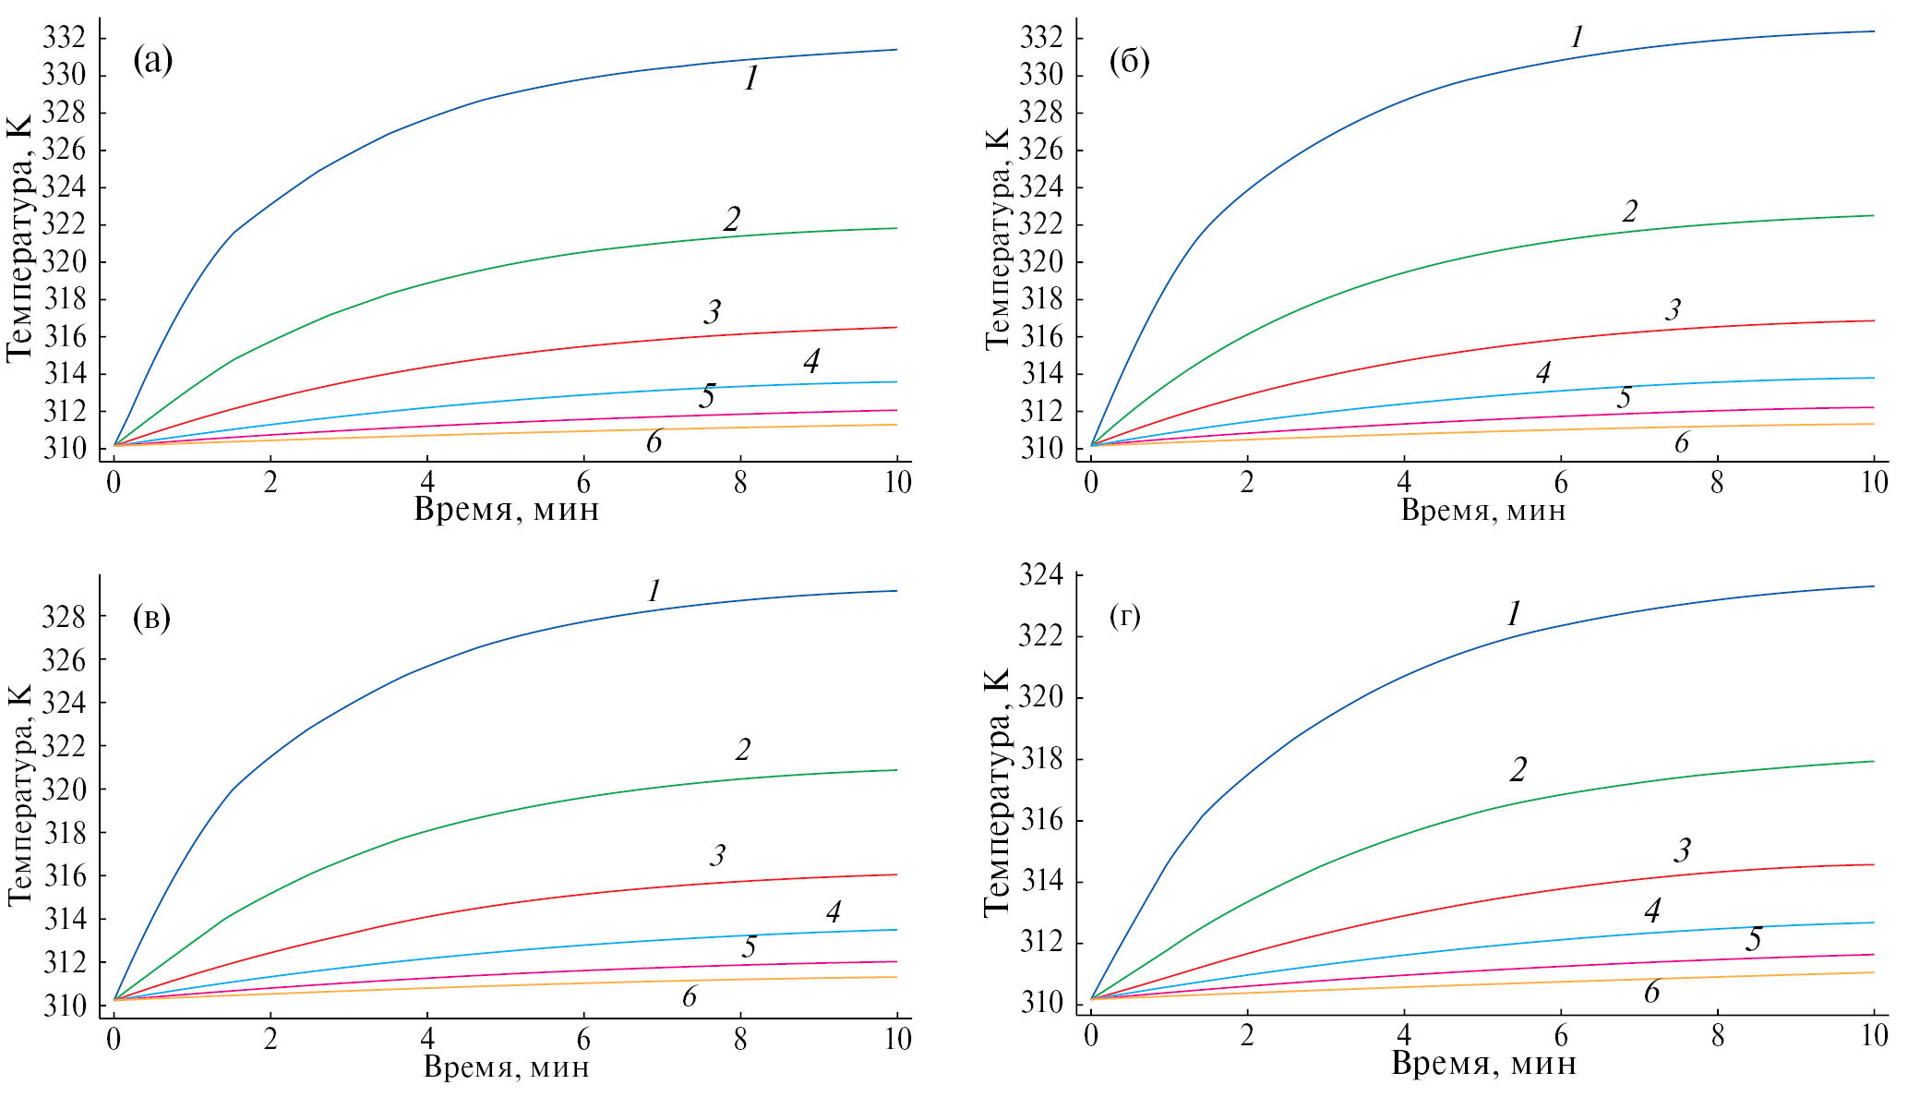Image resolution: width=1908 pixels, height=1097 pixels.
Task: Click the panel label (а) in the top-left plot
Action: click(152, 61)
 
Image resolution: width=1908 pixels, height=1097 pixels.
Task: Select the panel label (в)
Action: click(152, 618)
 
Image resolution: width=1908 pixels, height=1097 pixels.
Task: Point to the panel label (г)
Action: click(1125, 616)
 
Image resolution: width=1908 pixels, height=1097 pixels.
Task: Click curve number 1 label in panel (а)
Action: click(751, 79)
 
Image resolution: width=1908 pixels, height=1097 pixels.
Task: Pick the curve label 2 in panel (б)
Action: click(1630, 211)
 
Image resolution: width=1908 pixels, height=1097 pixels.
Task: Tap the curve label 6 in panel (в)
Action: click(690, 996)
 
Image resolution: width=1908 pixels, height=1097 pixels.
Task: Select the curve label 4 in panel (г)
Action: click(1652, 911)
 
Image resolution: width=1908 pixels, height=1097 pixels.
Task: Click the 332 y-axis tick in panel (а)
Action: click(64, 38)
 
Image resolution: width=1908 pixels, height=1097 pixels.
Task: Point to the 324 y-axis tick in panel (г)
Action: click(1041, 576)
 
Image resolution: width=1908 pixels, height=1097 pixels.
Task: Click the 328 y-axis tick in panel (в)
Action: click(64, 617)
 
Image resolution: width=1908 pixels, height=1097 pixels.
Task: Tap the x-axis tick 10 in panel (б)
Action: click(1874, 483)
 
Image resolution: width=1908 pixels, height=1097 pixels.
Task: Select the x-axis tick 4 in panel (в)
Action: click(426, 1039)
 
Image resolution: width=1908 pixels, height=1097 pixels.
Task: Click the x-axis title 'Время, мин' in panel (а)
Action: click(506, 509)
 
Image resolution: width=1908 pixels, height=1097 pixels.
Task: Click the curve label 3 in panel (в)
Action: click(717, 855)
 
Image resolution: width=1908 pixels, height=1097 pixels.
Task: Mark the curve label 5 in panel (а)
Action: click(707, 396)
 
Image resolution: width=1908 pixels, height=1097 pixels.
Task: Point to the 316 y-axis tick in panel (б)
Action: click(1041, 336)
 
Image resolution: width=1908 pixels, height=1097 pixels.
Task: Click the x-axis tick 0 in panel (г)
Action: click(1091, 1035)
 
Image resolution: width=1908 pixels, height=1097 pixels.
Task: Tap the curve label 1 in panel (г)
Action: click(1514, 613)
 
